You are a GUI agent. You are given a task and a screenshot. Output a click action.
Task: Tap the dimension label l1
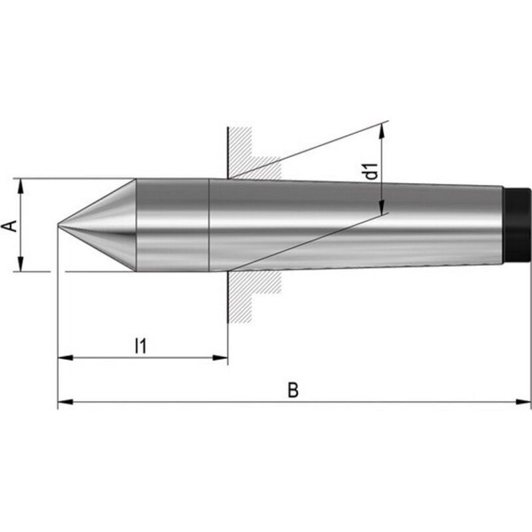point(140,345)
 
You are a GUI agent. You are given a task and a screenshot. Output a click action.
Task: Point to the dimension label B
point(293,390)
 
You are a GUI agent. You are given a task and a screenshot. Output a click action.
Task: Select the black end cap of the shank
point(517,225)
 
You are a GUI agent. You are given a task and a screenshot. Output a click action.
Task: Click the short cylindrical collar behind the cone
point(172,225)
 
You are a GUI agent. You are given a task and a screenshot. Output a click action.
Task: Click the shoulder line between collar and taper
point(209,225)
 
